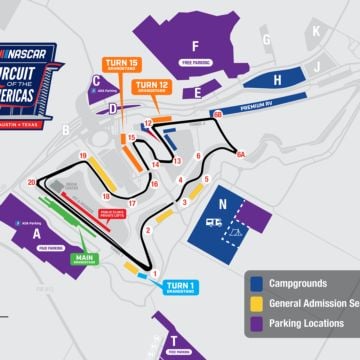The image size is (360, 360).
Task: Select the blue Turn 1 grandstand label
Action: tap(180, 286)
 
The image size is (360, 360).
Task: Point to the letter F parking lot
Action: tap(196, 47)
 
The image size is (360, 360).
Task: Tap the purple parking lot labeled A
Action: tap(38, 232)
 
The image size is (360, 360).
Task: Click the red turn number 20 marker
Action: tap(32, 181)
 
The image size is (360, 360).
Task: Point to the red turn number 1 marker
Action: tap(154, 273)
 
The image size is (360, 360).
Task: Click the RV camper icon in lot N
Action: tap(213, 223)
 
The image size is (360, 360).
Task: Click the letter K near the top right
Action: tap(316, 31)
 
